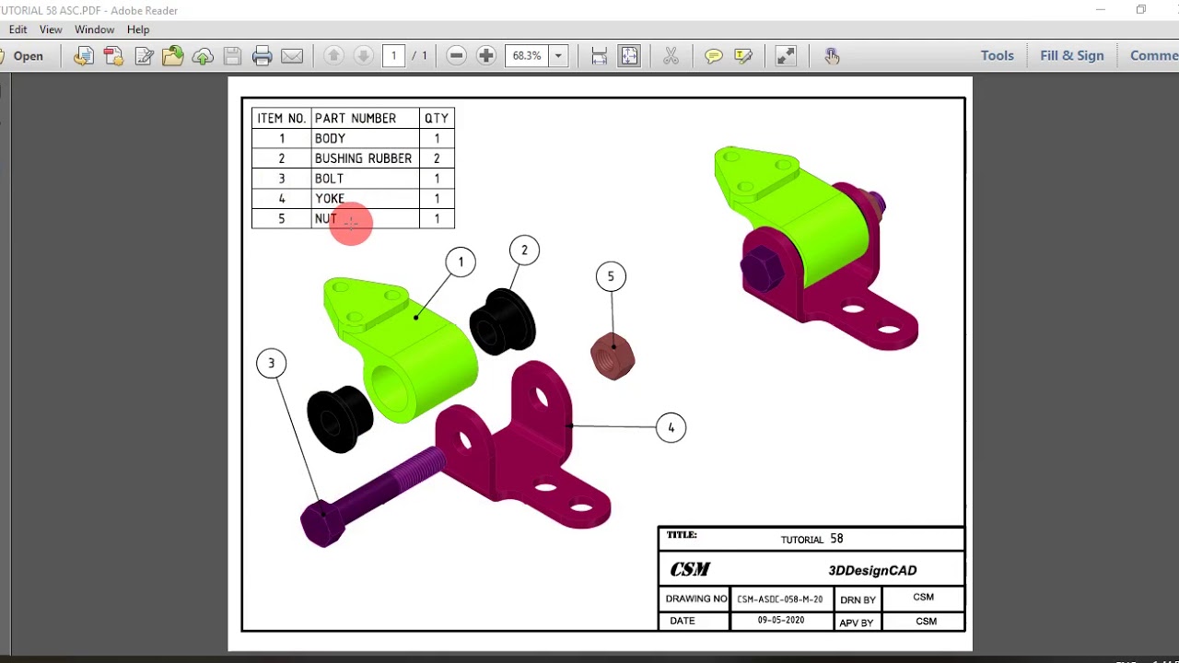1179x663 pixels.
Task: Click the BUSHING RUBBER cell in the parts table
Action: pyautogui.click(x=363, y=158)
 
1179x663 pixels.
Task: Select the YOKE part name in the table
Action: pyautogui.click(x=330, y=199)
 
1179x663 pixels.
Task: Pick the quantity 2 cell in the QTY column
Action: pyautogui.click(x=437, y=158)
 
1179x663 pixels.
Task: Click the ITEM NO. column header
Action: pyautogui.click(x=281, y=119)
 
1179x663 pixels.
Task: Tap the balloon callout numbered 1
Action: pyautogui.click(x=461, y=262)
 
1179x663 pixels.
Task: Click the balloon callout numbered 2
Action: pyautogui.click(x=524, y=250)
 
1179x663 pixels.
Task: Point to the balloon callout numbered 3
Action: pyautogui.click(x=271, y=364)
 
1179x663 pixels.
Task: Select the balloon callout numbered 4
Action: pyautogui.click(x=671, y=428)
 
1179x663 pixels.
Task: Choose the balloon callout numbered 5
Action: pyautogui.click(x=611, y=276)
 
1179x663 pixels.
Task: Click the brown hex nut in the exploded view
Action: pyautogui.click(x=613, y=356)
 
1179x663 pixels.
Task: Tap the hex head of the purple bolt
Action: pyautogui.click(x=322, y=523)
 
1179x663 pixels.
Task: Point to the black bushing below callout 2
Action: pyautogui.click(x=502, y=321)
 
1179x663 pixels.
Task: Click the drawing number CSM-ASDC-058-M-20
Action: pyautogui.click(x=779, y=599)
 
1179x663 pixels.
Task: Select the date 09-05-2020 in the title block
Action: pyautogui.click(x=780, y=621)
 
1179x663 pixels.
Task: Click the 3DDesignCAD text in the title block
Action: pyautogui.click(x=871, y=570)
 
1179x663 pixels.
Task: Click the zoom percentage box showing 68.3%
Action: pyautogui.click(x=527, y=56)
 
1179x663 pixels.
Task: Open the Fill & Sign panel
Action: pyautogui.click(x=1071, y=55)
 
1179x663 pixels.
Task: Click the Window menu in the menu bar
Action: pyautogui.click(x=94, y=29)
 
